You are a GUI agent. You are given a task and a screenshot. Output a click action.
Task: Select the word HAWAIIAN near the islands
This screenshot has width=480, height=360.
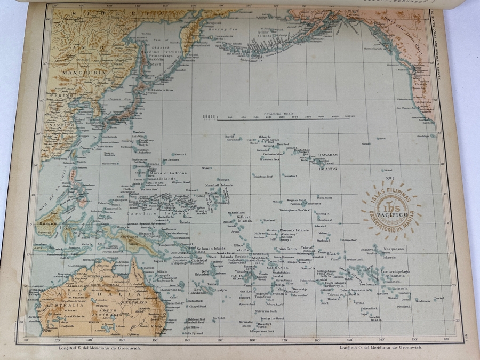coord(329,154)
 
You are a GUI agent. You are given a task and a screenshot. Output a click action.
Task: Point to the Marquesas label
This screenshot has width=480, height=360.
coord(393,248)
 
